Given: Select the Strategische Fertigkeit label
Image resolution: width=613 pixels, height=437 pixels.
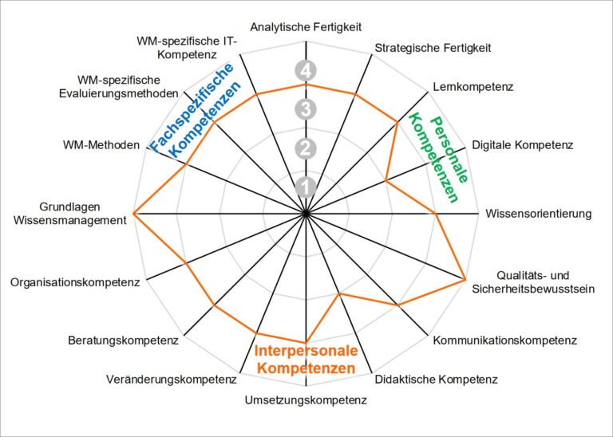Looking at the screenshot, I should click(433, 48).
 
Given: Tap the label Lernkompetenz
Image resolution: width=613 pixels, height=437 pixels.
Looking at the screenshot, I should click(473, 86).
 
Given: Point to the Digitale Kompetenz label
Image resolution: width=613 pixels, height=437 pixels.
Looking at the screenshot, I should click(522, 145).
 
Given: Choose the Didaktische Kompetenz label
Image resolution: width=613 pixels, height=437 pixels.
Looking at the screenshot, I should click(436, 379).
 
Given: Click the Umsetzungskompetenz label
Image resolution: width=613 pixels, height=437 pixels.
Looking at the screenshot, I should click(306, 400).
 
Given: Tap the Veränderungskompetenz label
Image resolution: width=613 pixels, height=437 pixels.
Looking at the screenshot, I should click(172, 379).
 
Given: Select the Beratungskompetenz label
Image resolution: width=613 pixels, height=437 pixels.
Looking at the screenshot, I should click(123, 341).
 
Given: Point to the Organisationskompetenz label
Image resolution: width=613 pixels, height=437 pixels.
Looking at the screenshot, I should click(75, 282).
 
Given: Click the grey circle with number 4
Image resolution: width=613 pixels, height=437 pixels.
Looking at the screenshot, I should click(306, 70).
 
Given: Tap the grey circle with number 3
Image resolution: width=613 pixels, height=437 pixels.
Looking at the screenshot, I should click(306, 108).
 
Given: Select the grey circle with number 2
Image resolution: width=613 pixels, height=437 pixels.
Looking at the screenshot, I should click(306, 148).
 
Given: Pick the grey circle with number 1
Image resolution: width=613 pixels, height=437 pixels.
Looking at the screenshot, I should click(306, 187).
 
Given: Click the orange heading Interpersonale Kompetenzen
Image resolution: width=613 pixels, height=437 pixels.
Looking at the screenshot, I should click(306, 360).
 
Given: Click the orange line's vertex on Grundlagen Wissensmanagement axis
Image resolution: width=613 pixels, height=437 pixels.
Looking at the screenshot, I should click(133, 215).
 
